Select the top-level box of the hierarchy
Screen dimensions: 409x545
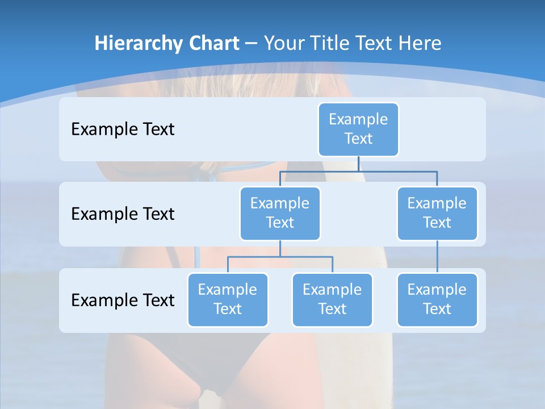pyautogui.click(x=358, y=129)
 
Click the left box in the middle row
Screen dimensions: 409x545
pyautogui.click(x=280, y=213)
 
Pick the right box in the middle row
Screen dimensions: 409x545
pyautogui.click(x=437, y=213)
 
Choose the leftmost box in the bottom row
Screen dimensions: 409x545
pyautogui.click(x=228, y=299)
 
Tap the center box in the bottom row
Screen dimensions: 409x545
pyautogui.click(x=332, y=299)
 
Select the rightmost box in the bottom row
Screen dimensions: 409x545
pyautogui.click(x=437, y=299)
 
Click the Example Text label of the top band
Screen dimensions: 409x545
pyautogui.click(x=123, y=129)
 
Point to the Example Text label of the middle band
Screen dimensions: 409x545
pyautogui.click(x=123, y=214)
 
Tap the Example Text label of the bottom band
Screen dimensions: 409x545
pyautogui.click(x=123, y=300)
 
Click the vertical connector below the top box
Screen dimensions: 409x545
pyautogui.click(x=358, y=164)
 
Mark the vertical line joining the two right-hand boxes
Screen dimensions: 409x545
pyautogui.click(x=437, y=256)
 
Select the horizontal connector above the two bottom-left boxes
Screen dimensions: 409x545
pyautogui.click(x=280, y=257)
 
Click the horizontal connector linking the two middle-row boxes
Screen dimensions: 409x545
pyautogui.click(x=358, y=171)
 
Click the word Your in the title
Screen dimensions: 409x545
pyautogui.click(x=283, y=43)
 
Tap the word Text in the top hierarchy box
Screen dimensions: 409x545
pyautogui.click(x=358, y=139)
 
